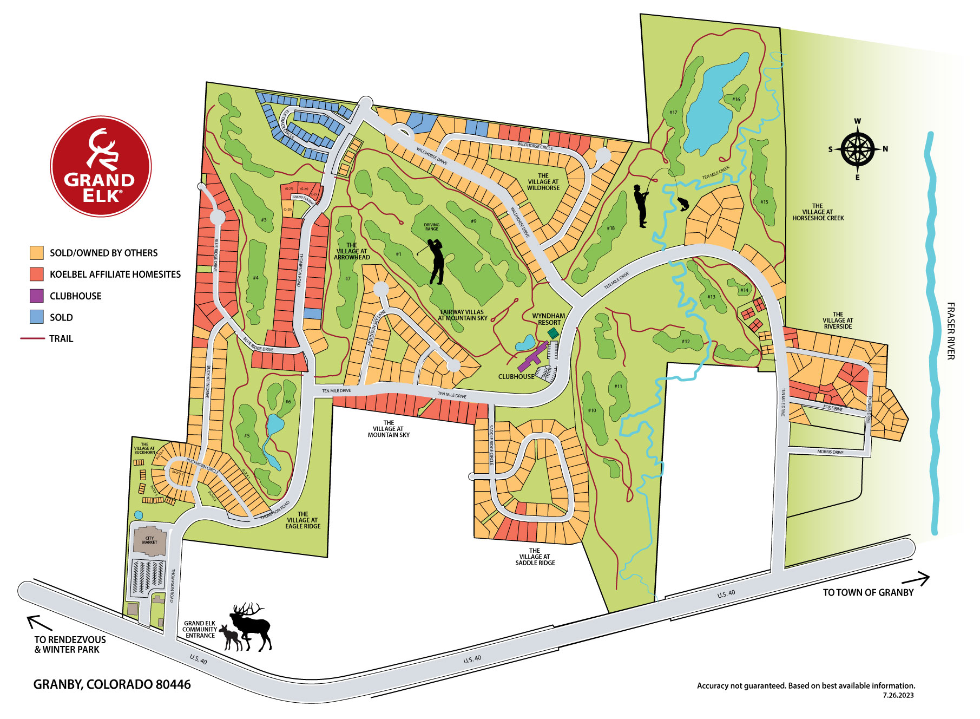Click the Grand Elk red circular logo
[101, 166]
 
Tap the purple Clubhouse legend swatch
[37, 296]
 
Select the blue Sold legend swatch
[37, 317]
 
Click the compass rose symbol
[858, 149]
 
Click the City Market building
[150, 540]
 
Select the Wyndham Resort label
[549, 319]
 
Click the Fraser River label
[950, 331]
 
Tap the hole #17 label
[673, 113]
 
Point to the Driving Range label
[432, 227]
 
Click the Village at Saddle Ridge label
[535, 557]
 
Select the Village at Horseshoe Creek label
[818, 212]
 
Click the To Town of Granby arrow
[922, 579]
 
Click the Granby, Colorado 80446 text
[112, 684]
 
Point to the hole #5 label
[247, 435]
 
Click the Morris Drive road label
[830, 452]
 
